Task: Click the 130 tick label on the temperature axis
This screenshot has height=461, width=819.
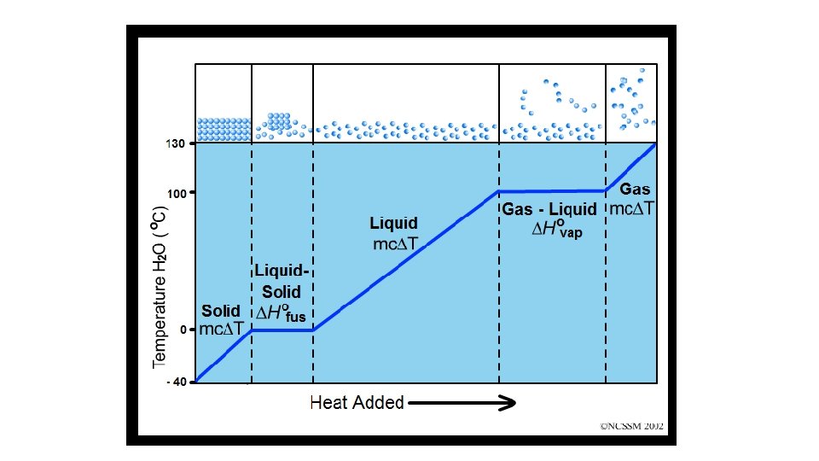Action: [175, 144]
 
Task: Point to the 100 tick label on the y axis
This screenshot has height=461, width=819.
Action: [176, 194]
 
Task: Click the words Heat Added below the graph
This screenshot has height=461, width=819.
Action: [357, 402]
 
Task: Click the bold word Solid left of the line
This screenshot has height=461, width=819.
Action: [220, 312]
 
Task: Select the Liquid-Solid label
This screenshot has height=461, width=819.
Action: [281, 281]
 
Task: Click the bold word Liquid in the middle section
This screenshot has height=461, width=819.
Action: [393, 225]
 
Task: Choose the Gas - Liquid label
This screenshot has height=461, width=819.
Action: [549, 209]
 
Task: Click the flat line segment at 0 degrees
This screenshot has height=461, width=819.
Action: [282, 330]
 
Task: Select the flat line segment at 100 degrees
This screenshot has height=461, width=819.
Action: [552, 191]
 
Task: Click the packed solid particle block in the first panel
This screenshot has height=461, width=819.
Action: [224, 129]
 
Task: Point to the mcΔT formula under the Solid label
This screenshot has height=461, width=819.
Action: [221, 330]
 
